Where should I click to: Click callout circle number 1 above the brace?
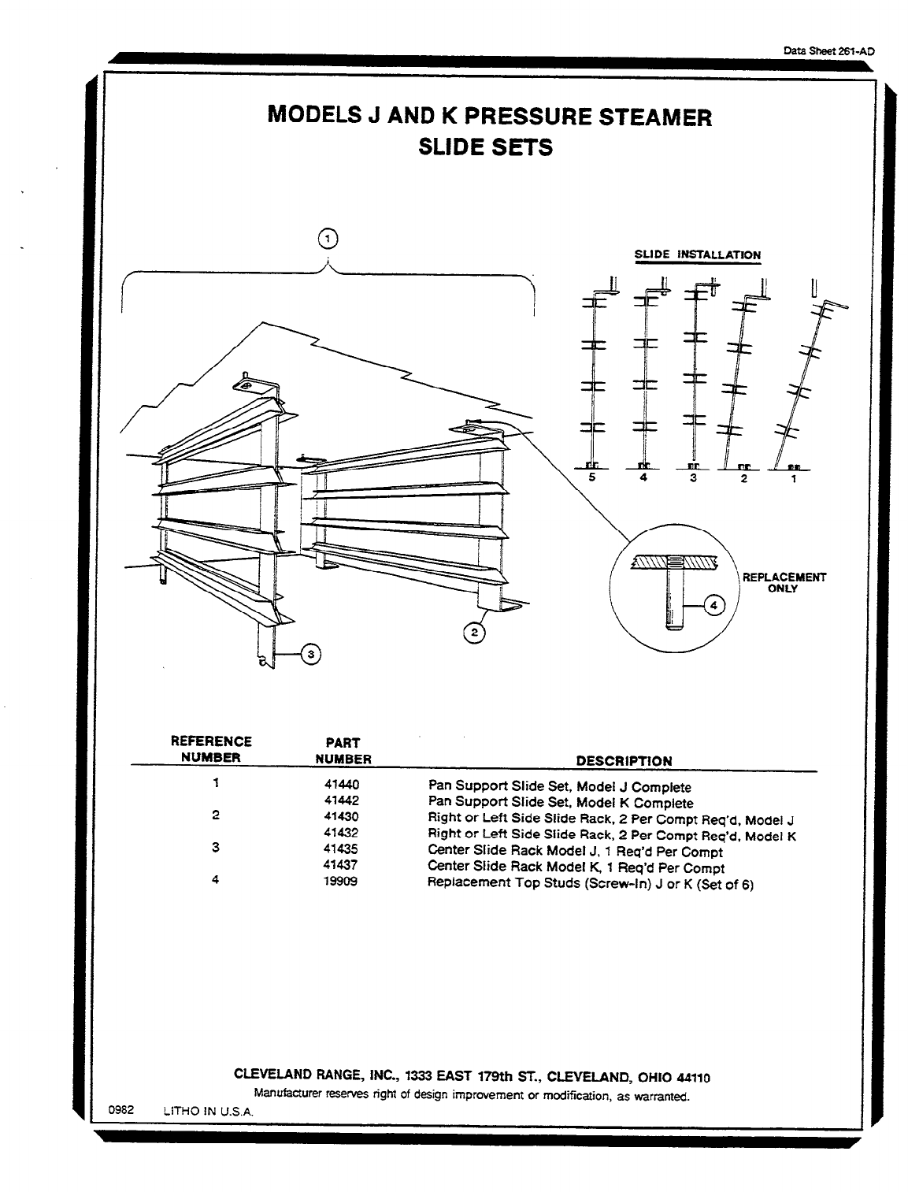328,238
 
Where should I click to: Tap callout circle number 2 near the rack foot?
473,632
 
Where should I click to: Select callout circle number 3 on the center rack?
310,653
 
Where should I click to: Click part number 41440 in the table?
341,785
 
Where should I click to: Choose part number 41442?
341,800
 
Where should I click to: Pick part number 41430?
341,817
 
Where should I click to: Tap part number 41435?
341,849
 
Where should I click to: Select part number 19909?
341,882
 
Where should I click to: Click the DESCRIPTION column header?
624,761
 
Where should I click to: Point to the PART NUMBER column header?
343,751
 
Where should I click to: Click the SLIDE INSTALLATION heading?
698,254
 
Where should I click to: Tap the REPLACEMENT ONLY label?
784,582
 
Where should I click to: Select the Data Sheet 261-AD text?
828,50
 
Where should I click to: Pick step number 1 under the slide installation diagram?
793,477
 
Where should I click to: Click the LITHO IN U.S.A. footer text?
208,1111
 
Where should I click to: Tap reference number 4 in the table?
214,880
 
